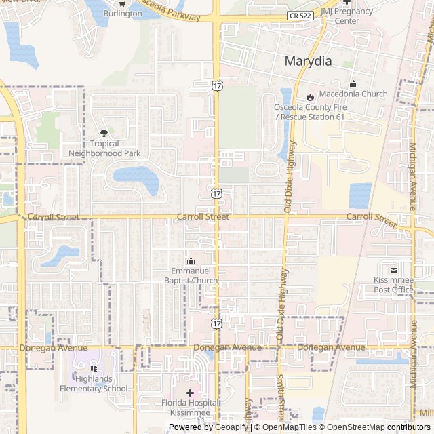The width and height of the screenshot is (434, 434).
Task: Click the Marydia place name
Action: (308, 61)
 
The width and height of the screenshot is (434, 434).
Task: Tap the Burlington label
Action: (123, 14)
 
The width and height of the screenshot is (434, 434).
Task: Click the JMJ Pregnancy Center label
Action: (347, 16)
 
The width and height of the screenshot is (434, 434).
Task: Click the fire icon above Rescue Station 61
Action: (310, 97)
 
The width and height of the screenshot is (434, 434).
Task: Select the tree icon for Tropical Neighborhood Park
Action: (104, 134)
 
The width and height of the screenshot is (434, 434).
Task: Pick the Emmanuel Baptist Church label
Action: (191, 276)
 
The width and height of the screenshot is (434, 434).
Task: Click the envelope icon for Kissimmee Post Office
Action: (393, 271)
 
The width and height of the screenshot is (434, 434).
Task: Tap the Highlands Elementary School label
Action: (94, 384)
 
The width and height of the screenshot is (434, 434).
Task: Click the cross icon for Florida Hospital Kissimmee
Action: (189, 393)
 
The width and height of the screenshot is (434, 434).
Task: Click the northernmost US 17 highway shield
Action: (216, 85)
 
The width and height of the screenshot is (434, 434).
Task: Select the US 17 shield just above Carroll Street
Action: (216, 193)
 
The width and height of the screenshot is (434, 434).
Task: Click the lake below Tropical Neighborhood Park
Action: (136, 178)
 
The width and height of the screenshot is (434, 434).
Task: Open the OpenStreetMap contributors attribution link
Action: (388, 427)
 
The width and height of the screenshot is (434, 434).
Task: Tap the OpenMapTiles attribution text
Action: (290, 427)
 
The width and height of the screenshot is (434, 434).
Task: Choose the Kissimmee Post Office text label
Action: (393, 285)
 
